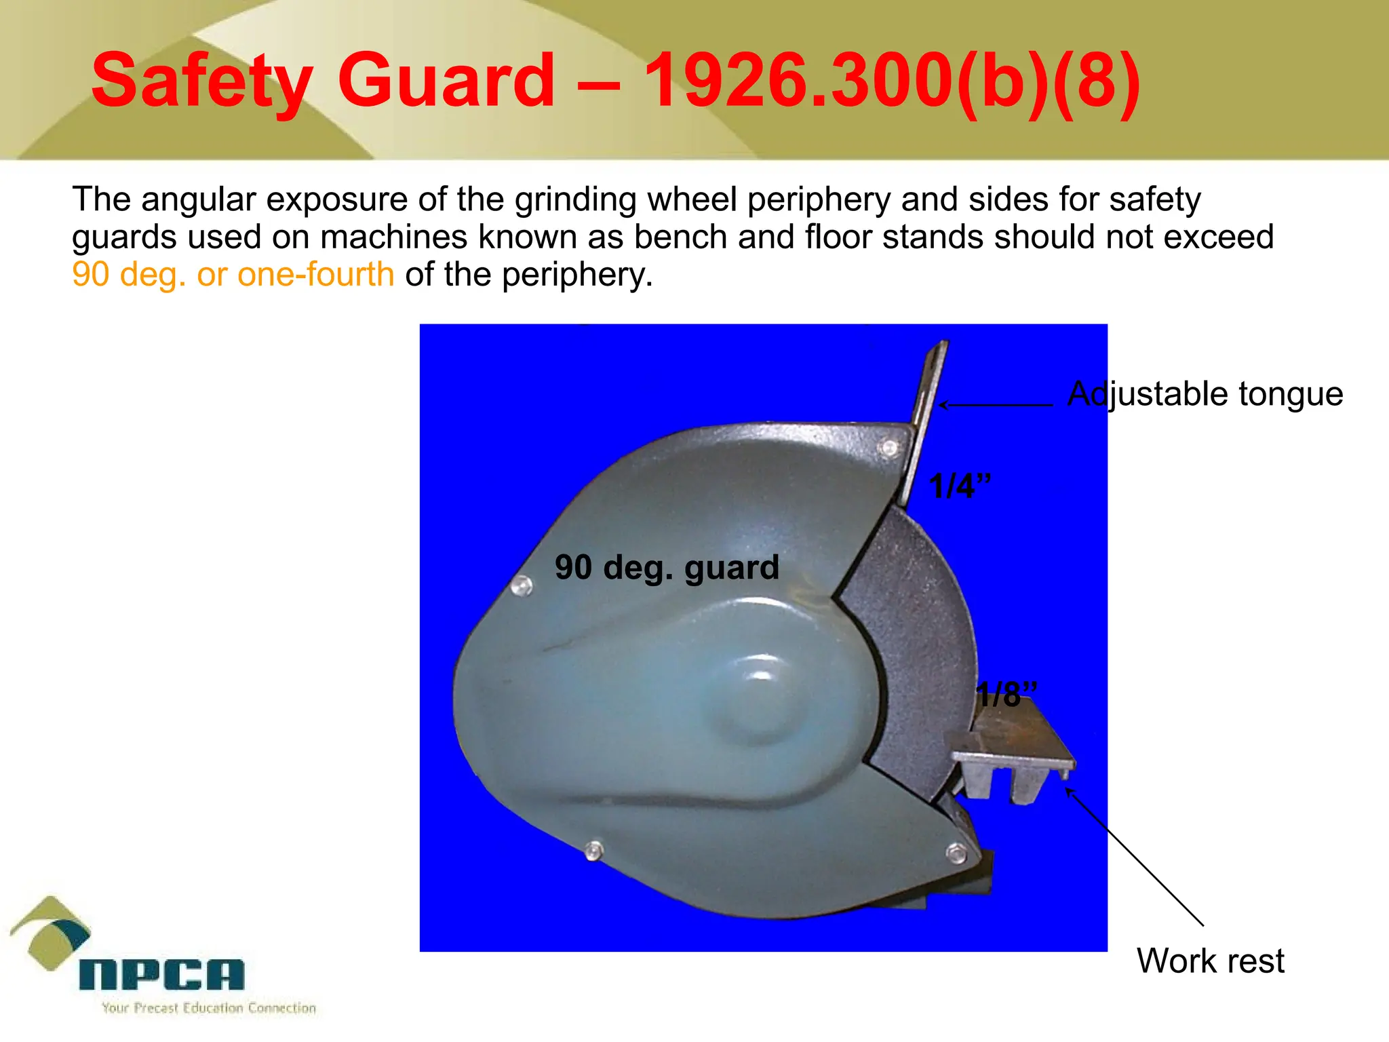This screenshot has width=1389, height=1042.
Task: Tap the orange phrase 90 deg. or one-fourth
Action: pos(233,275)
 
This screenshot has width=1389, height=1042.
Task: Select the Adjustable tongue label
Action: pos(1205,394)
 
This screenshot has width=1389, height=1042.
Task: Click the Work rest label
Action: pos(1210,961)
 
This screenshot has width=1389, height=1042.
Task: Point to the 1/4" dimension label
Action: pos(959,486)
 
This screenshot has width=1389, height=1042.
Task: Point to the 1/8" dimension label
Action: pos(1005,695)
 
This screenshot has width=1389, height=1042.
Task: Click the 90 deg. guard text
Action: pos(667,567)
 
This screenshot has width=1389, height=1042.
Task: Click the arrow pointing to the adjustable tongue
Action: pos(995,405)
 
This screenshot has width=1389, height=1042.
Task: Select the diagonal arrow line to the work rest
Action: pos(1134,857)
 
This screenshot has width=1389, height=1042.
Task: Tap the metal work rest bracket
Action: pos(1013,753)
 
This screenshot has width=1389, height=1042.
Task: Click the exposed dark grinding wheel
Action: pos(909,644)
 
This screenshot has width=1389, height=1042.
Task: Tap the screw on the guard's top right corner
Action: pos(889,448)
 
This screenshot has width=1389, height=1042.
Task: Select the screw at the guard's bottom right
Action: pos(956,853)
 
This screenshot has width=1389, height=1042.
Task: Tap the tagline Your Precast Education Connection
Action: pos(209,1008)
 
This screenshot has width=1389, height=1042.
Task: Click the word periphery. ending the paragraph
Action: pos(577,275)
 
